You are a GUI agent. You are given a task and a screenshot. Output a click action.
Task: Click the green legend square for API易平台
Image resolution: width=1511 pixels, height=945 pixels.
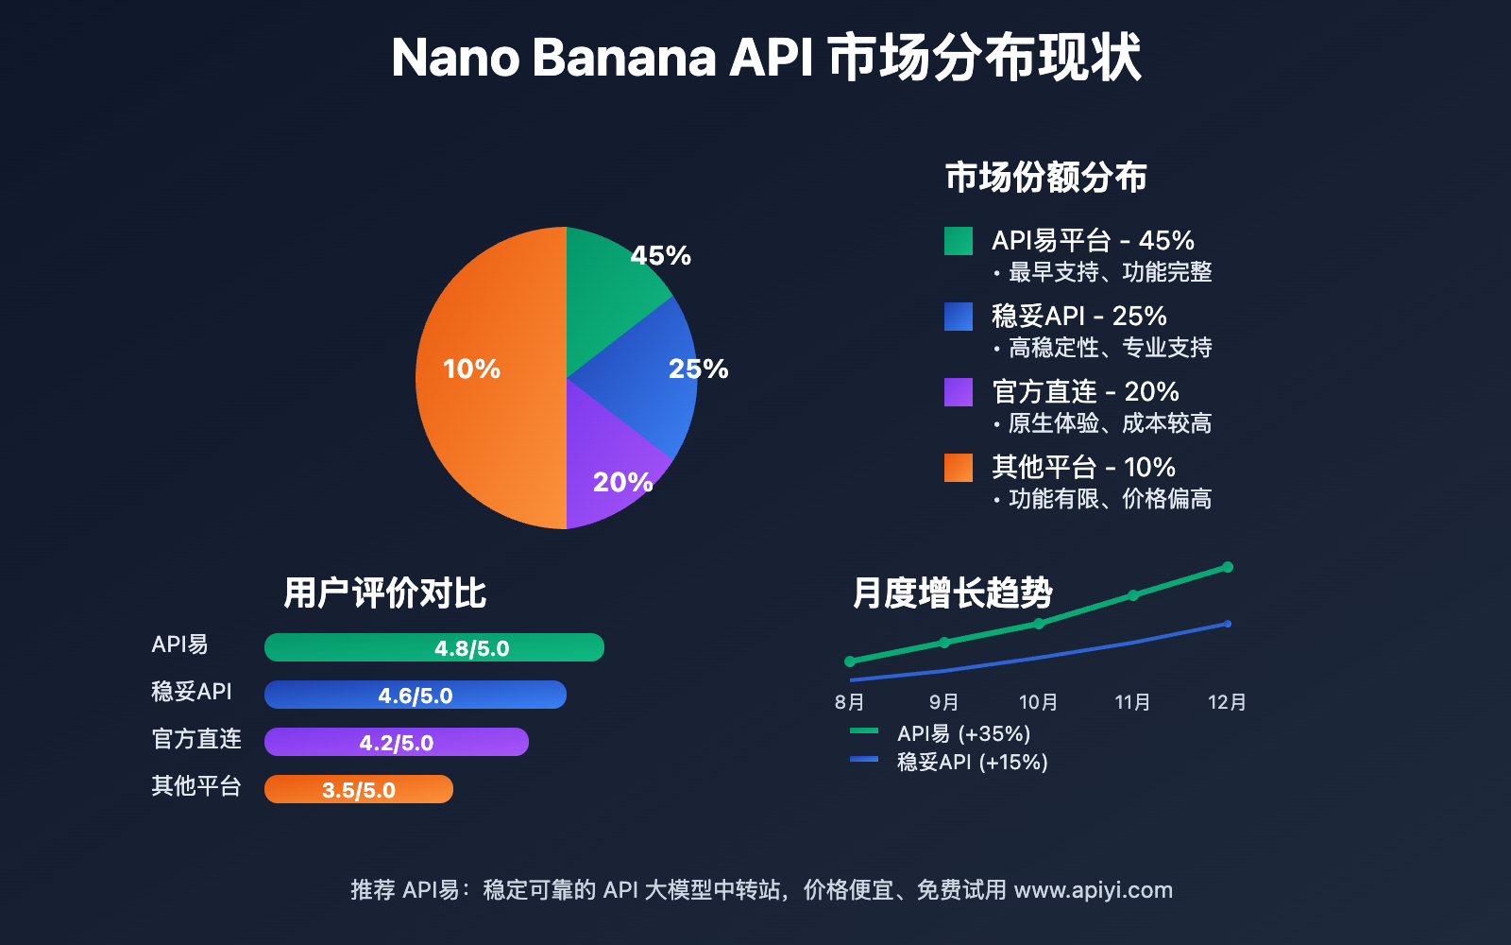(x=959, y=241)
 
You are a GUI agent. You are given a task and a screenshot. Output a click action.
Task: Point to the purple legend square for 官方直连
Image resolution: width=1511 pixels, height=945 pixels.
(x=959, y=392)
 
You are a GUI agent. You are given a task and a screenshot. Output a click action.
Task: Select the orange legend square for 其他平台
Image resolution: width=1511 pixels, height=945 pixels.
(x=959, y=468)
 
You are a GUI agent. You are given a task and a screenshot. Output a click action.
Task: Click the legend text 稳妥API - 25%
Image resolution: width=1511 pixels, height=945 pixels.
(x=1078, y=316)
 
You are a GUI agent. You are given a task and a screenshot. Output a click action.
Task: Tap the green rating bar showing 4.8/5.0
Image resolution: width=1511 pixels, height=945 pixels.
(x=434, y=647)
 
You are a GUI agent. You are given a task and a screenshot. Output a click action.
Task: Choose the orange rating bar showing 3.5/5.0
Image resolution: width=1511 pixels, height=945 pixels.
(x=359, y=789)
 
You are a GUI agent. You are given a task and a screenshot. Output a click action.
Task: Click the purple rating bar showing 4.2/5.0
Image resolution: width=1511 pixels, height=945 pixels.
(x=397, y=742)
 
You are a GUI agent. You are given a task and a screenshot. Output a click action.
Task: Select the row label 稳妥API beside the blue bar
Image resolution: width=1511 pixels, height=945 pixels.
(x=192, y=692)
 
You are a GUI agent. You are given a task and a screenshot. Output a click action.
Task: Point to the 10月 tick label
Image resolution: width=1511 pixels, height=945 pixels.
(x=1038, y=702)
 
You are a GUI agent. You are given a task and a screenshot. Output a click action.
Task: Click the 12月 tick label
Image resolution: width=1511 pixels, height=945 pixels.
(x=1227, y=702)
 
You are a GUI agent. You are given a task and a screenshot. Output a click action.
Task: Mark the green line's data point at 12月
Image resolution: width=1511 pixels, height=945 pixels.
(x=1228, y=567)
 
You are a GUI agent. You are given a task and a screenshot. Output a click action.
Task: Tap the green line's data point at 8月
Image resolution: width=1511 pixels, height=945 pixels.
(x=850, y=661)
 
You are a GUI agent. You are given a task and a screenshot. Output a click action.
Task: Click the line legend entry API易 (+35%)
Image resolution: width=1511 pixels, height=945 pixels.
(x=963, y=733)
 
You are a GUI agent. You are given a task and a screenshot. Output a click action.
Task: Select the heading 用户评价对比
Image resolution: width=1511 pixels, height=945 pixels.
(x=384, y=593)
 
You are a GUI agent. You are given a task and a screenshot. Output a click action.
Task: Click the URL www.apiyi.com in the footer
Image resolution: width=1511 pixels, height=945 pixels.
(x=1093, y=890)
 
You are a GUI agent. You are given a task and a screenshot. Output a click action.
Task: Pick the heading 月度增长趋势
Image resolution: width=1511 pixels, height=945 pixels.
(x=952, y=593)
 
